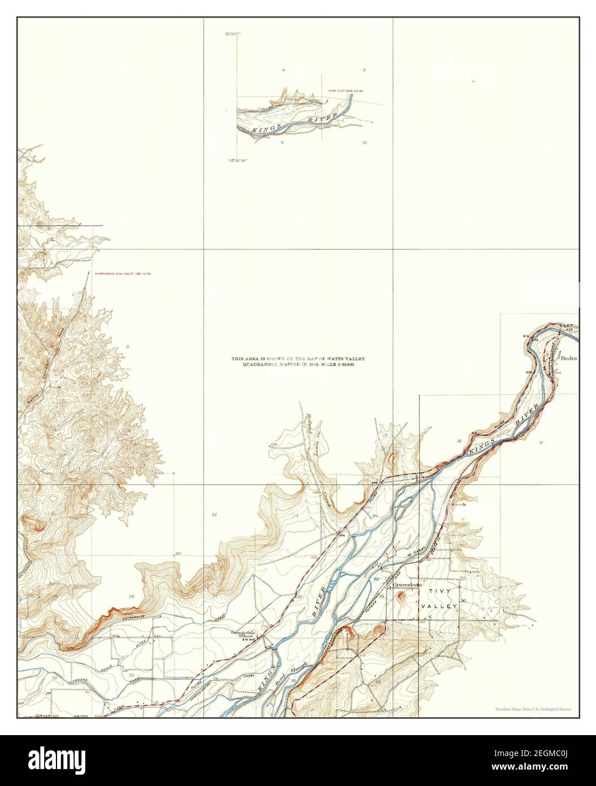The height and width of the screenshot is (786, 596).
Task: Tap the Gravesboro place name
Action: [407, 585]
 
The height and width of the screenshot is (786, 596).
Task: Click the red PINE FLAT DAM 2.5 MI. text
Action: [346, 91]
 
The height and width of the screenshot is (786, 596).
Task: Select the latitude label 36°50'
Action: [229, 34]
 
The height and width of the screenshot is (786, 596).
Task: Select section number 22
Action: [214, 515]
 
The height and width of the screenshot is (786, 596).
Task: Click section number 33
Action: [131, 675]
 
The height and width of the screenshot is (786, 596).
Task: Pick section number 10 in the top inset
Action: [364, 142]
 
